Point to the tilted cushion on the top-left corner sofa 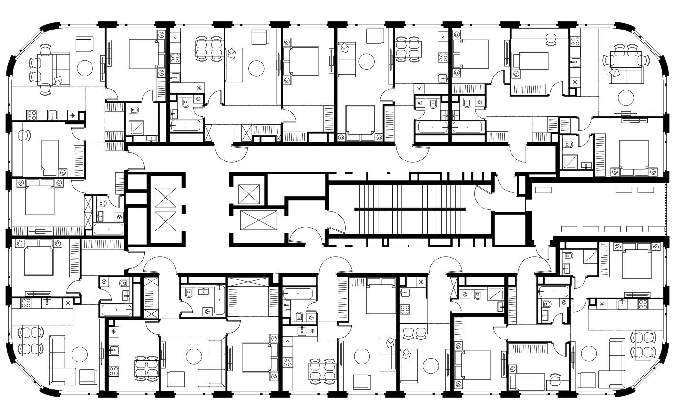(60, 81)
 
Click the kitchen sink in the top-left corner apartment (53, 115)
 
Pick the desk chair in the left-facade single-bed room (23, 135)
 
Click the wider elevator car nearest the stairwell (258, 221)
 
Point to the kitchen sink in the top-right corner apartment (575, 61)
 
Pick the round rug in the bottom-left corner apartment (79, 355)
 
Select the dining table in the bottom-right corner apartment (639, 346)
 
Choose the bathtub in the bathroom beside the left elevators (109, 229)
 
